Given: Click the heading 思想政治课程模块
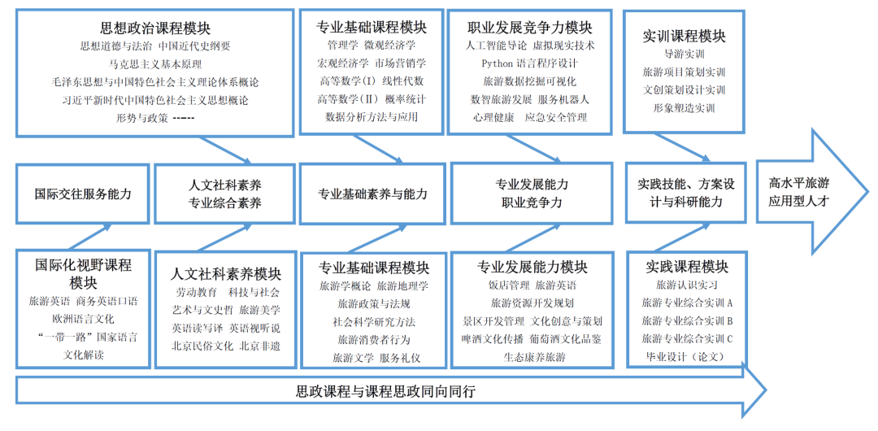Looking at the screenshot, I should click(155, 29).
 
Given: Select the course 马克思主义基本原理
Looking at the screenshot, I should click(155, 63).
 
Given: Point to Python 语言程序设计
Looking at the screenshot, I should click(529, 63).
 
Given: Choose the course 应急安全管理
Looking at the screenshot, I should click(555, 118).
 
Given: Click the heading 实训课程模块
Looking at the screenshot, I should click(684, 36).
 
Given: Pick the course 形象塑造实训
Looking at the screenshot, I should click(684, 108).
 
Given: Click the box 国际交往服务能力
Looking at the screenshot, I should click(83, 194).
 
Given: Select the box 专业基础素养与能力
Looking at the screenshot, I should click(372, 194).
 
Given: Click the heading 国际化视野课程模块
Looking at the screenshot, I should click(83, 274).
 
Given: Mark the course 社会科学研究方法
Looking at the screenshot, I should click(373, 321).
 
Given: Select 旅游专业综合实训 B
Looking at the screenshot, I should click(687, 320).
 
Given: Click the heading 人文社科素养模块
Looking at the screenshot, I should click(226, 274).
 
